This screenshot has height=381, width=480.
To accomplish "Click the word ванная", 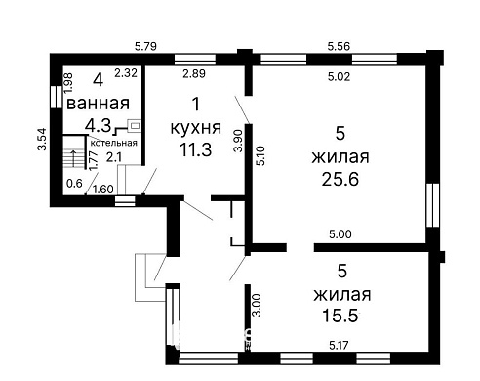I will tap(99, 105).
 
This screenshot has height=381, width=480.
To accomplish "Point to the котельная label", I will tap(113, 144).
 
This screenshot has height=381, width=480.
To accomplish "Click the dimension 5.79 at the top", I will tap(145, 45).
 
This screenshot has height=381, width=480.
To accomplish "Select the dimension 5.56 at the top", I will tap(339, 45).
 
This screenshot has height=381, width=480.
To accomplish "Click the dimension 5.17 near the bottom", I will tap(340, 344).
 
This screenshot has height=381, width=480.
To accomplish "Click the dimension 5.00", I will tap(340, 234).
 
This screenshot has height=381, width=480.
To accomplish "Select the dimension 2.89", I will tap(195, 75).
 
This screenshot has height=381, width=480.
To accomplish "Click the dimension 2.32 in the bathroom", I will tap(125, 72).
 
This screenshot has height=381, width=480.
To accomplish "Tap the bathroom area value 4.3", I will tap(97, 125).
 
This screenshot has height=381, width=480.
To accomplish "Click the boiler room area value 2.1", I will tap(113, 156).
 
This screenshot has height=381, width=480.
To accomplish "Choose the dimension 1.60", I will tap(102, 189).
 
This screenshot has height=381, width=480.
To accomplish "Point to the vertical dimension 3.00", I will tap(257, 305).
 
